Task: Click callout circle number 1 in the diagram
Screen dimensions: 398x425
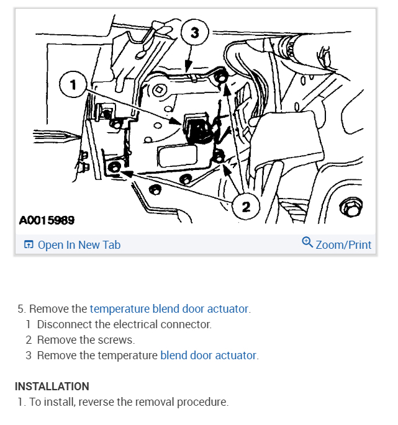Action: click(74, 86)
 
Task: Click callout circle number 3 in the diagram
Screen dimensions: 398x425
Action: click(194, 33)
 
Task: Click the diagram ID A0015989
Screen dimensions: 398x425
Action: click(47, 220)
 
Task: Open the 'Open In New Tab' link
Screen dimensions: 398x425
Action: click(79, 245)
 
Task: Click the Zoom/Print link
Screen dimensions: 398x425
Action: click(343, 245)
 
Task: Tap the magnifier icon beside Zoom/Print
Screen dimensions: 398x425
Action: click(307, 243)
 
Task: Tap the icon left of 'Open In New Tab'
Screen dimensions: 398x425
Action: click(29, 245)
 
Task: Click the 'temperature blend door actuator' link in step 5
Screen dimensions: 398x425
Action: click(169, 308)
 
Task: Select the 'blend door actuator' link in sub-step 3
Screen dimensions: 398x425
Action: click(208, 356)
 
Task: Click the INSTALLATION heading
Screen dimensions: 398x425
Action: click(52, 387)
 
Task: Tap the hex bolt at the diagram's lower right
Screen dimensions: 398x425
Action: click(351, 208)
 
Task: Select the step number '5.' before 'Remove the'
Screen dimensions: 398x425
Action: click(22, 308)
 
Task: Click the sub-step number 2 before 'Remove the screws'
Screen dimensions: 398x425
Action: click(29, 340)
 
